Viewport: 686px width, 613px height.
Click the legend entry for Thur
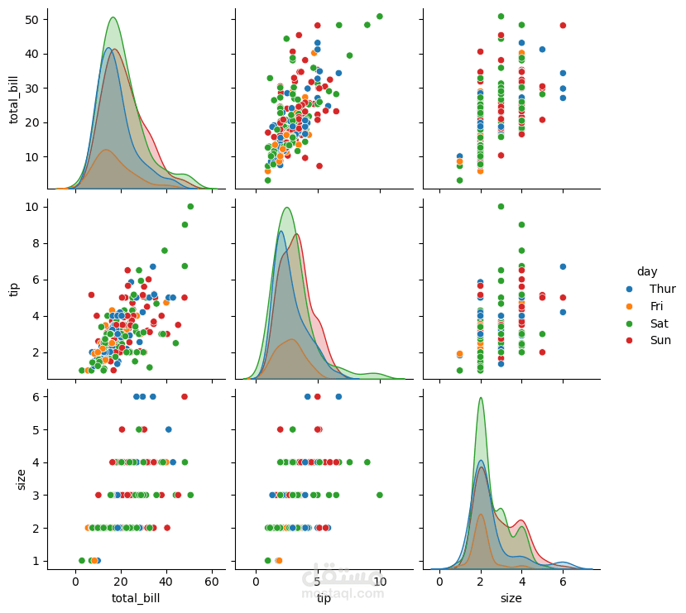click(662, 289)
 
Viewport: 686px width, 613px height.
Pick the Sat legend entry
click(660, 323)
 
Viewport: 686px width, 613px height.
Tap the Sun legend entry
click(660, 341)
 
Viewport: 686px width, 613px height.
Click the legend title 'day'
click(646, 271)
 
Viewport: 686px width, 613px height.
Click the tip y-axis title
click(14, 288)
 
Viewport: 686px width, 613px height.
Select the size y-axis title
click(22, 479)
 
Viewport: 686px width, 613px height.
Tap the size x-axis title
click(511, 598)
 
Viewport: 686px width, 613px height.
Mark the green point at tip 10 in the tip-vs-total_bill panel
click(190, 207)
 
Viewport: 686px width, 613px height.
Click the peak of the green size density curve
click(481, 398)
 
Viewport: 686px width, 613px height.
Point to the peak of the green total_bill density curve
click(113, 18)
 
